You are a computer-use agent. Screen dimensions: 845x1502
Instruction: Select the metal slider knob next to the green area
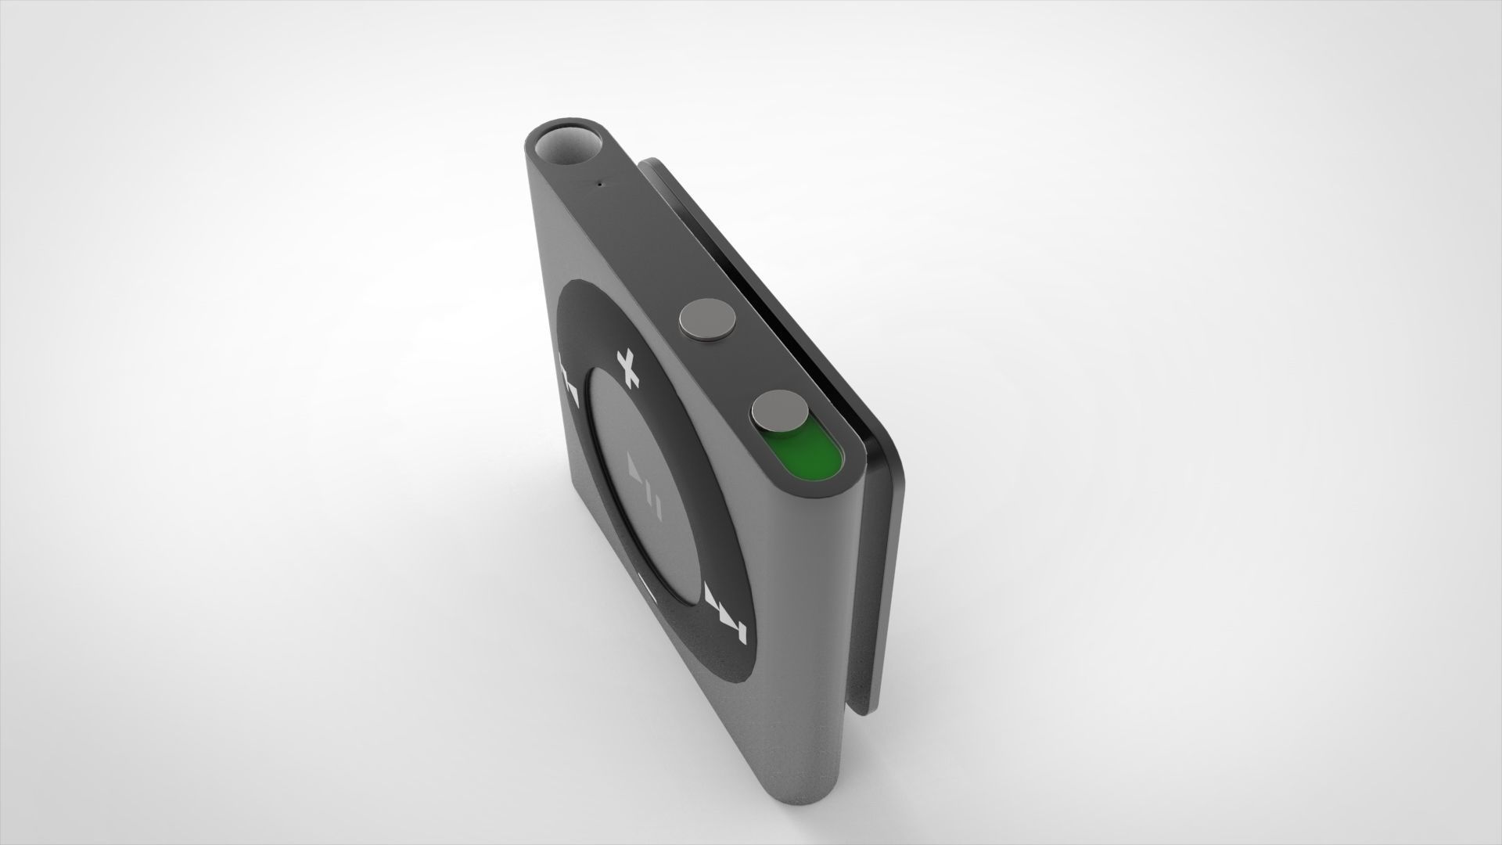[782, 412]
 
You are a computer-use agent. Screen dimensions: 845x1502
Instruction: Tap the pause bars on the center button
[657, 509]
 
